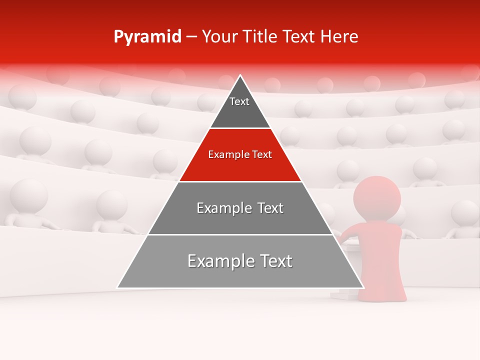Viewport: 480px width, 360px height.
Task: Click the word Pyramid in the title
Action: (147, 37)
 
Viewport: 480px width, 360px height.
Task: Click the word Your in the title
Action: (218, 37)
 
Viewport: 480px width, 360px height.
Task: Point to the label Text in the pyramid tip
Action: (239, 101)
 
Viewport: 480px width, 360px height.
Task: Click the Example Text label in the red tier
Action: (240, 154)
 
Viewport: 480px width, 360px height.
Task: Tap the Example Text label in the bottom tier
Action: (240, 261)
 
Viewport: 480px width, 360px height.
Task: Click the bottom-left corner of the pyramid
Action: (117, 287)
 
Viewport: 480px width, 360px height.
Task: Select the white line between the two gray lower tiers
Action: (240, 234)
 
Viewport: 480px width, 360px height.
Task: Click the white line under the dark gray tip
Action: (240, 128)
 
